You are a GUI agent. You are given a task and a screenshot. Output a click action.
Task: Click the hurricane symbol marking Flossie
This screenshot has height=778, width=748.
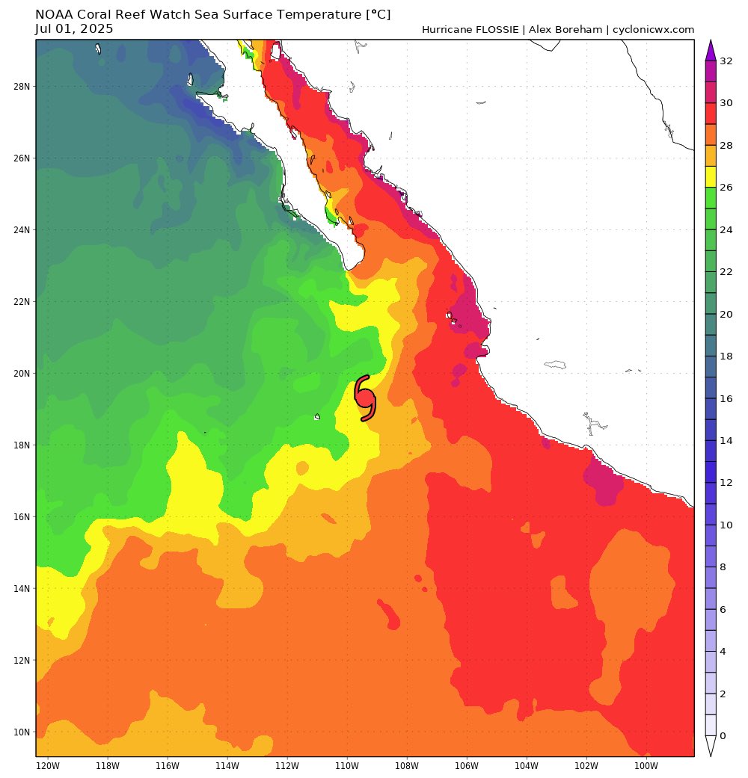(x=364, y=398)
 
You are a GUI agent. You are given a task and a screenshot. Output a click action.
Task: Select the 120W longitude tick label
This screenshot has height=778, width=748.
(x=47, y=766)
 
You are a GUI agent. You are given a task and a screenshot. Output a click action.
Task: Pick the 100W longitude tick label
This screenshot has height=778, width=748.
(x=646, y=766)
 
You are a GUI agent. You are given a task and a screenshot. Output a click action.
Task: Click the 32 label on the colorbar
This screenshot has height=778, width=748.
(x=726, y=61)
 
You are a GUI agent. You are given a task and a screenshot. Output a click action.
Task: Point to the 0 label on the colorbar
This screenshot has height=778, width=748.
(x=723, y=736)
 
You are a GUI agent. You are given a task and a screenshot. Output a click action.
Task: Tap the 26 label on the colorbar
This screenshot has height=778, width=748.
(x=726, y=188)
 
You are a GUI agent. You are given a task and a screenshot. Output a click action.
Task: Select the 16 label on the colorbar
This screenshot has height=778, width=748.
(x=726, y=398)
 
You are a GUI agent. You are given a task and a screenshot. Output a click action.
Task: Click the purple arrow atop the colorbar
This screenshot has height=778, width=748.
(x=711, y=50)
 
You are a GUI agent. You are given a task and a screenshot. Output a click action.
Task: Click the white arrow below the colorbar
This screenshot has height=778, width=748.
(x=711, y=747)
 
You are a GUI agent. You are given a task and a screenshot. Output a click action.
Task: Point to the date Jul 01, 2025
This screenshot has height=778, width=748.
(x=74, y=29)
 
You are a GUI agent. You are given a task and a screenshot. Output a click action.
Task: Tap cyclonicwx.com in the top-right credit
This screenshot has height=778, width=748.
(x=653, y=30)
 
